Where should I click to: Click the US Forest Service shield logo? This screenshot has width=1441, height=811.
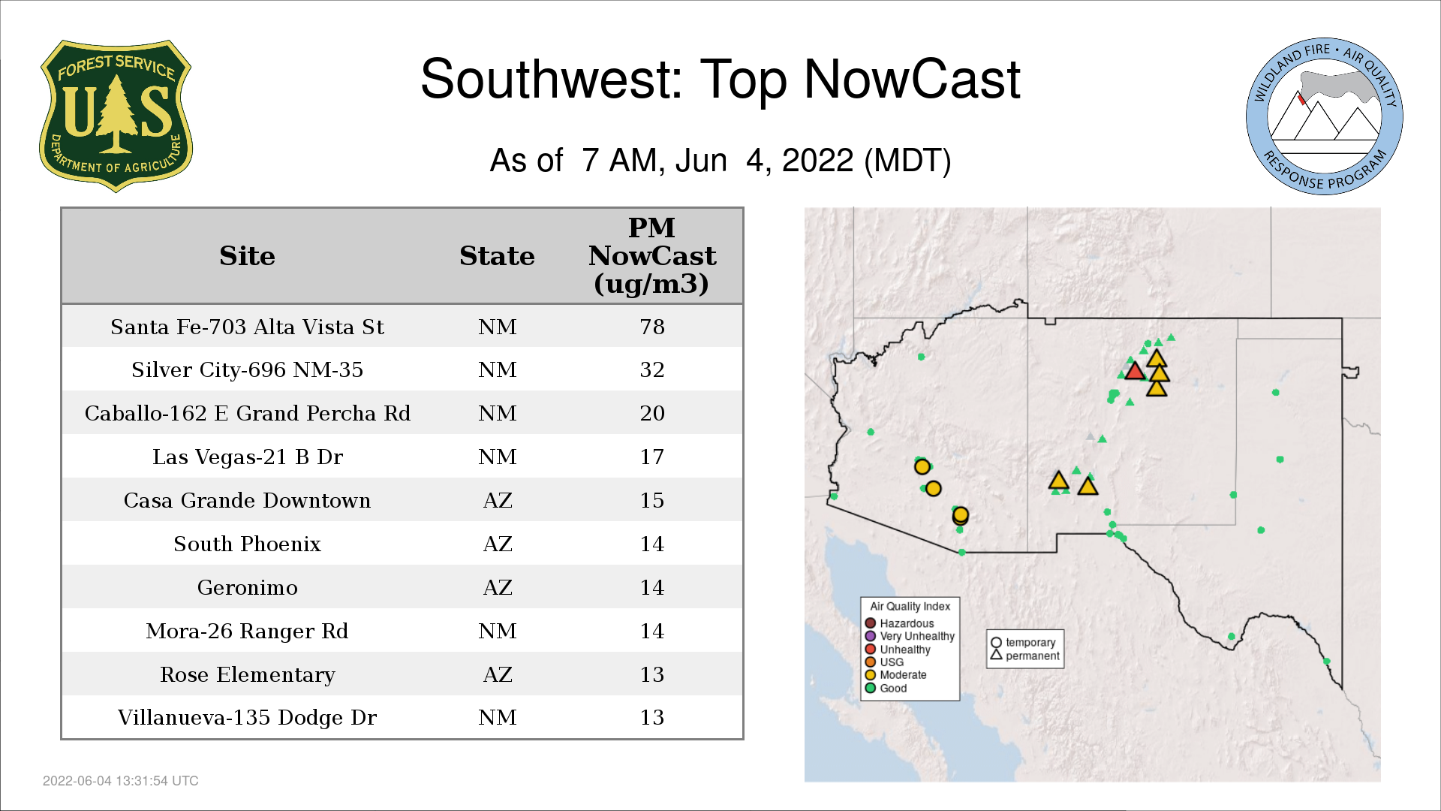click(x=116, y=116)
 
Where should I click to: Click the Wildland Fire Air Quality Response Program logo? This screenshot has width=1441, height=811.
click(x=1325, y=116)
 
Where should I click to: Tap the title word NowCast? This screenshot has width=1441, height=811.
click(x=912, y=79)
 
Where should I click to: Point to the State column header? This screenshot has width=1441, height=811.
click(x=497, y=256)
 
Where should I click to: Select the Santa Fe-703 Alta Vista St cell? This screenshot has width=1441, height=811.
click(x=247, y=327)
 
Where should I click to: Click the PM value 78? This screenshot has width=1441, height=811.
click(x=652, y=327)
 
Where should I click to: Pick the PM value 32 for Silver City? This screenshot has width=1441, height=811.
click(x=652, y=369)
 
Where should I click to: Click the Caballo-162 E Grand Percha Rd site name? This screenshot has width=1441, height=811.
click(x=247, y=413)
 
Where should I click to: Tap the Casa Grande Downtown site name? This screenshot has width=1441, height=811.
click(x=247, y=500)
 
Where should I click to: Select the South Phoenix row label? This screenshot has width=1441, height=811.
click(x=247, y=544)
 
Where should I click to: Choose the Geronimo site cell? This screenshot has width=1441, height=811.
click(x=247, y=587)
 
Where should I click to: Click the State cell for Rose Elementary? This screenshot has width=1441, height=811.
click(x=498, y=674)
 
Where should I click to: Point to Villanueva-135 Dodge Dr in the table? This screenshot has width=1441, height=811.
click(x=247, y=717)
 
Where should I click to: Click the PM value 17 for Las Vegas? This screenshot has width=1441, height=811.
click(x=652, y=457)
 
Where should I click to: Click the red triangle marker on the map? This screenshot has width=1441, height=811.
click(x=1134, y=371)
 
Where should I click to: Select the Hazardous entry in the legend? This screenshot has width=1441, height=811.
click(x=900, y=623)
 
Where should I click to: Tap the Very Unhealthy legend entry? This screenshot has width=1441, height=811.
click(x=910, y=636)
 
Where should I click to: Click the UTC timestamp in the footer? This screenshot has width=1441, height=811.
click(x=121, y=781)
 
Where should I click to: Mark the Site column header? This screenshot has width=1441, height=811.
click(x=247, y=256)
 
